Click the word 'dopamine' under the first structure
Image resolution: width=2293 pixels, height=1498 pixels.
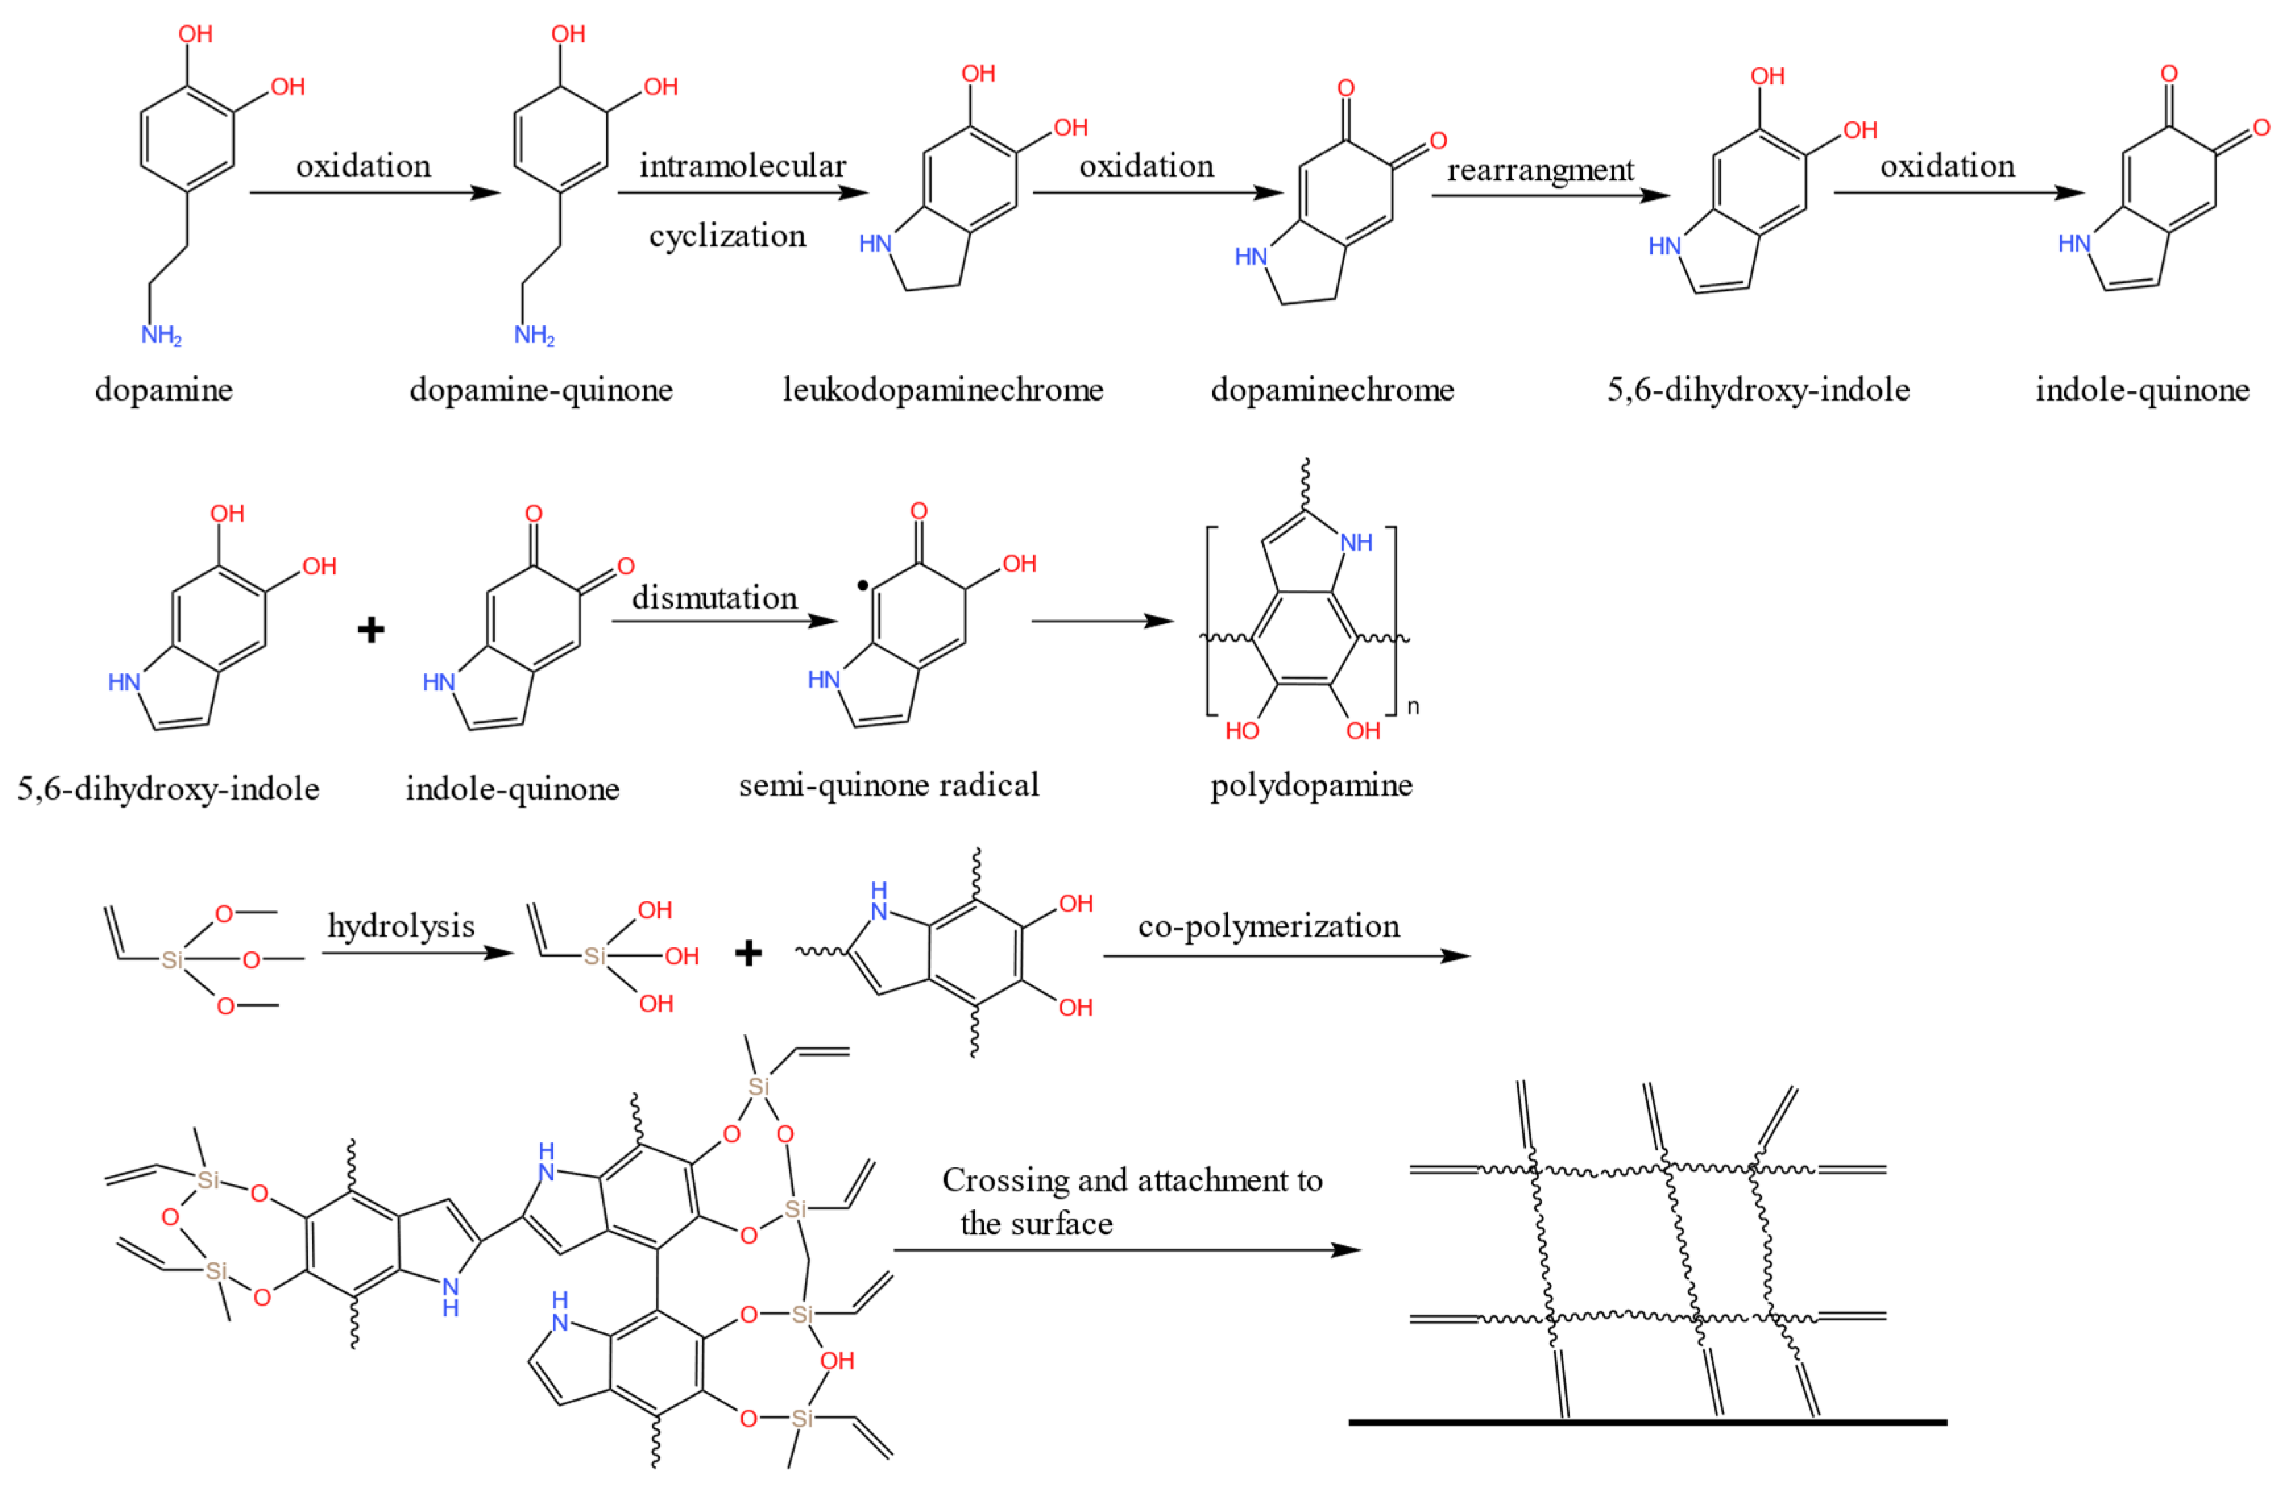(x=164, y=390)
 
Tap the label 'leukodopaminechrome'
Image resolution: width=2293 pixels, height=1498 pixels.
(x=942, y=390)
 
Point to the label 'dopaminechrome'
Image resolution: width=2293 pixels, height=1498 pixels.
(x=1332, y=390)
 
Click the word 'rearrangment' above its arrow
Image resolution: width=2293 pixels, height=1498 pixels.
(x=1540, y=171)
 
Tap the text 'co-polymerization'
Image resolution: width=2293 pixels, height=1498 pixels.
(x=1268, y=927)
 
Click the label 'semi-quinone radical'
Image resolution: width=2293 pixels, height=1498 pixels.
(x=888, y=785)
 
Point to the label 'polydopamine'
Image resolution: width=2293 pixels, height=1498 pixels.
(x=1311, y=785)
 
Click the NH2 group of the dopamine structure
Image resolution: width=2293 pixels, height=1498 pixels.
(x=161, y=335)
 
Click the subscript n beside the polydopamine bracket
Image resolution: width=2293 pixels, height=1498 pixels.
(x=1413, y=706)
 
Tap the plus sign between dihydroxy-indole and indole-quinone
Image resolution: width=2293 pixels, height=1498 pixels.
(x=371, y=630)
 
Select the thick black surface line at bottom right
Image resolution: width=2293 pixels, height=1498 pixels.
(x=1647, y=1422)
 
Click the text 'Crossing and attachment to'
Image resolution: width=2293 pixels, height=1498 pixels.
(x=1131, y=1180)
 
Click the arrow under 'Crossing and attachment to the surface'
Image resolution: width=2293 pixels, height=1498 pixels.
(x=1127, y=1250)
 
